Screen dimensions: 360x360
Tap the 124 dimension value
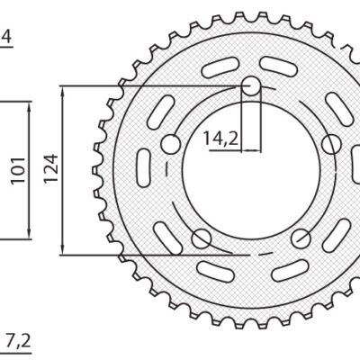(x=51, y=169)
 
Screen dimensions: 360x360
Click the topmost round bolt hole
(x=251, y=86)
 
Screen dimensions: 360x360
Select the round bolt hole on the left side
(x=169, y=144)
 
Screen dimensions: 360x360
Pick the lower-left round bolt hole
(x=201, y=238)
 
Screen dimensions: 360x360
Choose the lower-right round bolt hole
(x=302, y=238)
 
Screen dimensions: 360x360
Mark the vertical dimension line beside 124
(x=62, y=169)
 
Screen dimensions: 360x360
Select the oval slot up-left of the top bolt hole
(x=219, y=72)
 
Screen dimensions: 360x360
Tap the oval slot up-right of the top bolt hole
(x=283, y=72)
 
